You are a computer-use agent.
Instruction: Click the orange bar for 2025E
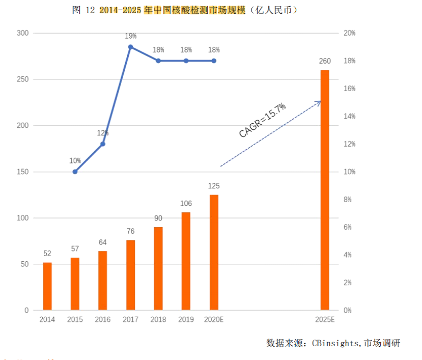[325, 190]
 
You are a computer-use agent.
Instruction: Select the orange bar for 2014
[47, 286]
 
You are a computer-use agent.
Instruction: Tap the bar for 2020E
[214, 253]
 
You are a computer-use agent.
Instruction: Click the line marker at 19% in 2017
[130, 47]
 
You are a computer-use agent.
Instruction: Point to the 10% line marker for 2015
[75, 172]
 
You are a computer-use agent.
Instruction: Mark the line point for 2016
[103, 144]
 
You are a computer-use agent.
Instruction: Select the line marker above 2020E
[214, 61]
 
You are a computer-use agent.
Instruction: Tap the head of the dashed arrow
[320, 102]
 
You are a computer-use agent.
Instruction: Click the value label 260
[325, 61]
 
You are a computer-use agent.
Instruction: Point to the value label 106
[186, 204]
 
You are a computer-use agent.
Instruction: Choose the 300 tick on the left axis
[23, 33]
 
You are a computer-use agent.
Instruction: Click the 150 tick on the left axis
[23, 172]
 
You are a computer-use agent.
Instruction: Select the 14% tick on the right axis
[349, 116]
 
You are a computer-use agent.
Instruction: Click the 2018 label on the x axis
[158, 320]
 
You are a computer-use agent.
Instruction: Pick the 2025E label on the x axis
[325, 320]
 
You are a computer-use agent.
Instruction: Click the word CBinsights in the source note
[340, 343]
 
